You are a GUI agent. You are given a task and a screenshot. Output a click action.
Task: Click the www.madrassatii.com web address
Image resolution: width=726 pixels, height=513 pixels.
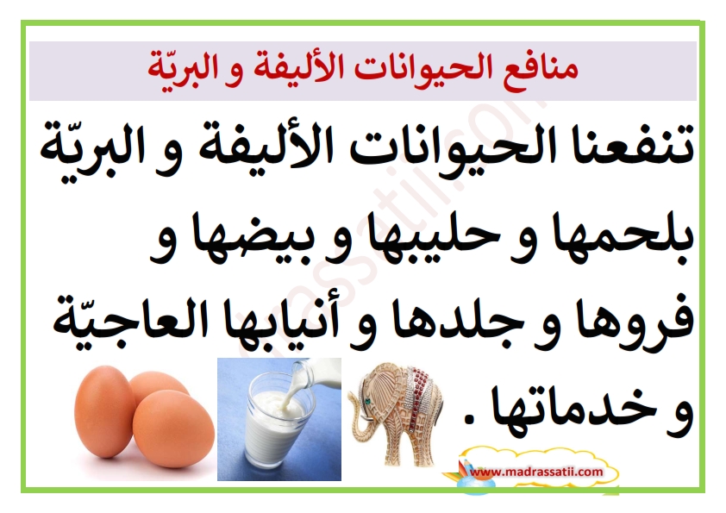(536, 472)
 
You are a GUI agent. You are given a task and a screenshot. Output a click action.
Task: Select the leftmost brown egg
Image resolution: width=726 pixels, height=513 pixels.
(103, 411)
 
